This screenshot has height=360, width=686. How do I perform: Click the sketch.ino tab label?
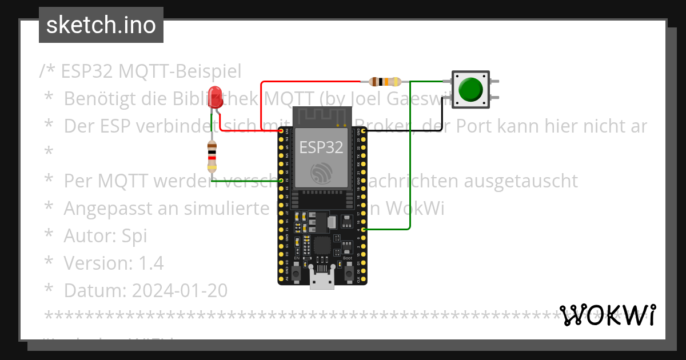coord(101,25)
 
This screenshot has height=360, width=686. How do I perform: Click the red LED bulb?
coord(215,95)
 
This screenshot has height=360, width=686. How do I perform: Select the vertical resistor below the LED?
coord(212,156)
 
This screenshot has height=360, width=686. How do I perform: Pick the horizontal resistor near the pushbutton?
coord(385,82)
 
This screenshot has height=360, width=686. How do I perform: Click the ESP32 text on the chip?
coord(321,147)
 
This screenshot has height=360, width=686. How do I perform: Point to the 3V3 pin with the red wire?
coord(281,131)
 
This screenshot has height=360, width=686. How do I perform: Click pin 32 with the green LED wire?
coord(281,181)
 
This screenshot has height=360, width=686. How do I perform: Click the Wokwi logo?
coord(608,315)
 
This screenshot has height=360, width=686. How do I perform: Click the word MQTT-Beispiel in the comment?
coord(180,71)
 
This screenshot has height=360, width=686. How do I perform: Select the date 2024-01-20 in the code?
coord(180,291)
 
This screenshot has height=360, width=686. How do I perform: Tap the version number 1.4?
coord(151,263)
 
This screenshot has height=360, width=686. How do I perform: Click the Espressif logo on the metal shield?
coord(321,172)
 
